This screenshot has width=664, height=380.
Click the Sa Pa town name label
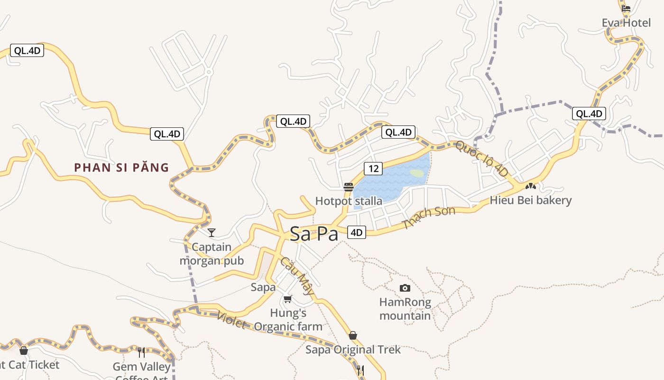pos(314,234)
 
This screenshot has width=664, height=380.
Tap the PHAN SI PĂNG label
pos(121,167)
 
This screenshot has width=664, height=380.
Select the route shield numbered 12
pos(373,168)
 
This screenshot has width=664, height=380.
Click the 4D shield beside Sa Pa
pos(357,232)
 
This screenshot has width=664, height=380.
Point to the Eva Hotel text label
pos(626,23)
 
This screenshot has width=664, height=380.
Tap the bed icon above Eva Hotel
pos(626,8)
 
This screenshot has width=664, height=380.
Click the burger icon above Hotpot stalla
pos(349,187)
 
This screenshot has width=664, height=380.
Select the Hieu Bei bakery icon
pos(530,186)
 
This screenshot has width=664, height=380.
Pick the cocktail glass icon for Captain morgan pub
pos(212,232)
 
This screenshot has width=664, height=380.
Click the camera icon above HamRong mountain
pos(405,288)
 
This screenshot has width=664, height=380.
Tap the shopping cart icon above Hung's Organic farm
pos(287,299)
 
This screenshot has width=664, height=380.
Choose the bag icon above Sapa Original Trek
pos(352,335)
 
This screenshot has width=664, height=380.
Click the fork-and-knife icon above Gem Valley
pos(141,352)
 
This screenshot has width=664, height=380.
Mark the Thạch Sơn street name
pos(428,218)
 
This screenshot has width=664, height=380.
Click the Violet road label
pos(231,321)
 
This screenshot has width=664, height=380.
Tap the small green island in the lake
pos(417,173)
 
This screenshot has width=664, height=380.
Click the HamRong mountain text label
pos(405,309)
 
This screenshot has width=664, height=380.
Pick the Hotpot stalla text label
pos(349,201)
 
